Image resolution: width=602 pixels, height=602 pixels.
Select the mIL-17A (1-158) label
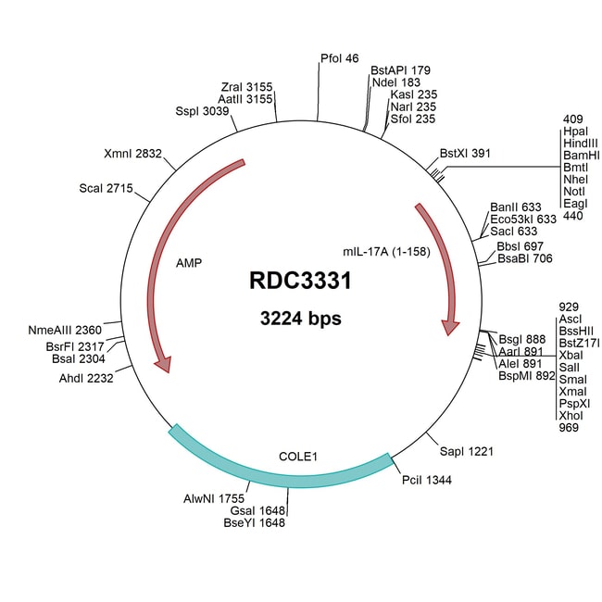pos(385,252)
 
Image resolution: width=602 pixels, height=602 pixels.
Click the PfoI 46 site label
pos(339,57)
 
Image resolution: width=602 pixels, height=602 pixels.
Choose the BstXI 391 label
pos(469,152)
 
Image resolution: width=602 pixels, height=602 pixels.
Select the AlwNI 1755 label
pos(214,497)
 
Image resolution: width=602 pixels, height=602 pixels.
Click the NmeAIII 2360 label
pos(67,330)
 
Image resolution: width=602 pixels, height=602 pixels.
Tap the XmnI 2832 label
pos(134,154)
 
